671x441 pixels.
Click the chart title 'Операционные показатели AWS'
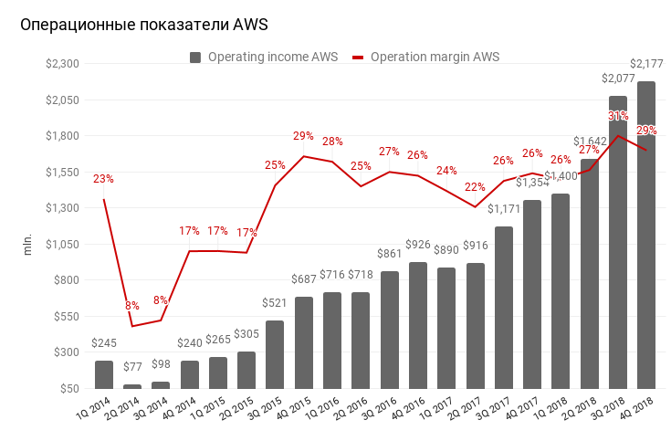pyautogui.click(x=144, y=26)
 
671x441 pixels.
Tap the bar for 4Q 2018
pyautogui.click(x=645, y=235)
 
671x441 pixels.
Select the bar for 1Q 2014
pyautogui.click(x=104, y=374)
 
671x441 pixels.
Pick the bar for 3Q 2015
pyautogui.click(x=275, y=354)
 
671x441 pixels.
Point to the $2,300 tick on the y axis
pyautogui.click(x=64, y=64)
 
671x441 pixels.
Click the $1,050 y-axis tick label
pyautogui.click(x=64, y=245)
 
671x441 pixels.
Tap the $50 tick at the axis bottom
pyautogui.click(x=69, y=389)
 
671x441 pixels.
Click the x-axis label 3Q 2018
pyautogui.click(x=607, y=412)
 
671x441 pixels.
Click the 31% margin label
pyautogui.click(x=618, y=116)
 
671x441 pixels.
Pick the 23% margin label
pyautogui.click(x=103, y=179)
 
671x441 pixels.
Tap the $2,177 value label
pyautogui.click(x=646, y=63)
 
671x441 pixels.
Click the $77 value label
pyautogui.click(x=132, y=366)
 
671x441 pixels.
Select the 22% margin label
pyautogui.click(x=475, y=187)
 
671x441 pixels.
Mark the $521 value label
pyautogui.click(x=275, y=303)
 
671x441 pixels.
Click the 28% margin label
pyautogui.click(x=332, y=142)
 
